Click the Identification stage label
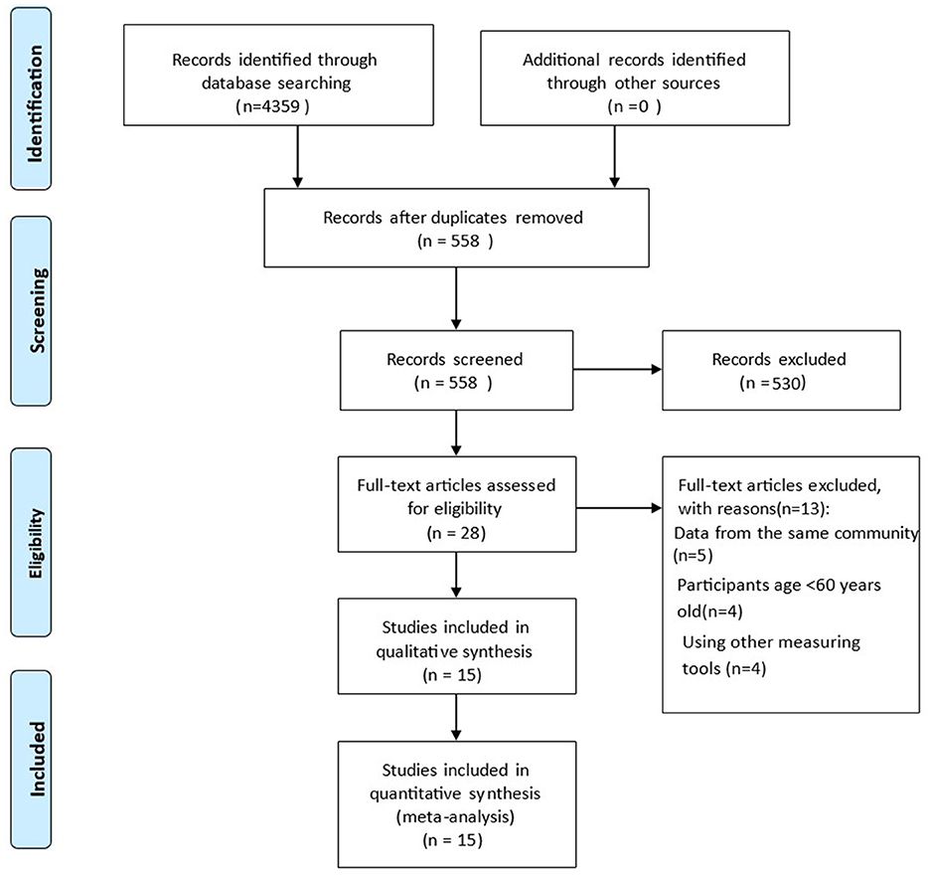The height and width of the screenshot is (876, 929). pyautogui.click(x=35, y=103)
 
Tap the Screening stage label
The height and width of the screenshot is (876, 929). pyautogui.click(x=37, y=311)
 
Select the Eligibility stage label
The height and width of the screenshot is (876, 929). pyautogui.click(x=36, y=543)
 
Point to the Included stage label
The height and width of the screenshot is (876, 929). pyautogui.click(x=37, y=759)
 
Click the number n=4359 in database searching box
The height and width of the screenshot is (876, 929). pyautogui.click(x=272, y=106)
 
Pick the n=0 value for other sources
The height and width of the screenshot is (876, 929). pyautogui.click(x=634, y=106)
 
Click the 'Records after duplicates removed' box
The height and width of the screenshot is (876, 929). pyautogui.click(x=456, y=228)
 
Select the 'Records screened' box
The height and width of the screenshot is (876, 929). pyautogui.click(x=456, y=370)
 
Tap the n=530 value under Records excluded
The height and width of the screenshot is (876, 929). pyautogui.click(x=773, y=383)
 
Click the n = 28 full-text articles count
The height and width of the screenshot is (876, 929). pyautogui.click(x=456, y=533)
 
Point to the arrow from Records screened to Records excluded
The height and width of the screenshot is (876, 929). pyautogui.click(x=617, y=370)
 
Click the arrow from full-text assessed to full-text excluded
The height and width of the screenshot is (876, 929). pyautogui.click(x=619, y=508)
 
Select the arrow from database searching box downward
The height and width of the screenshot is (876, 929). pyautogui.click(x=297, y=156)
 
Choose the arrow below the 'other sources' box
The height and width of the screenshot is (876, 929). pyautogui.click(x=614, y=156)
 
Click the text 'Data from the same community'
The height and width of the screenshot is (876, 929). pyautogui.click(x=796, y=533)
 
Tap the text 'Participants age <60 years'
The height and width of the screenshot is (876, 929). pyautogui.click(x=779, y=586)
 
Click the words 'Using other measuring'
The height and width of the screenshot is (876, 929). pyautogui.click(x=771, y=642)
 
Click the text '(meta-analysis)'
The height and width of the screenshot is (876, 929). pyautogui.click(x=455, y=817)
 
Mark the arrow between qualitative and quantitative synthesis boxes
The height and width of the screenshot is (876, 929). pyautogui.click(x=456, y=718)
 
